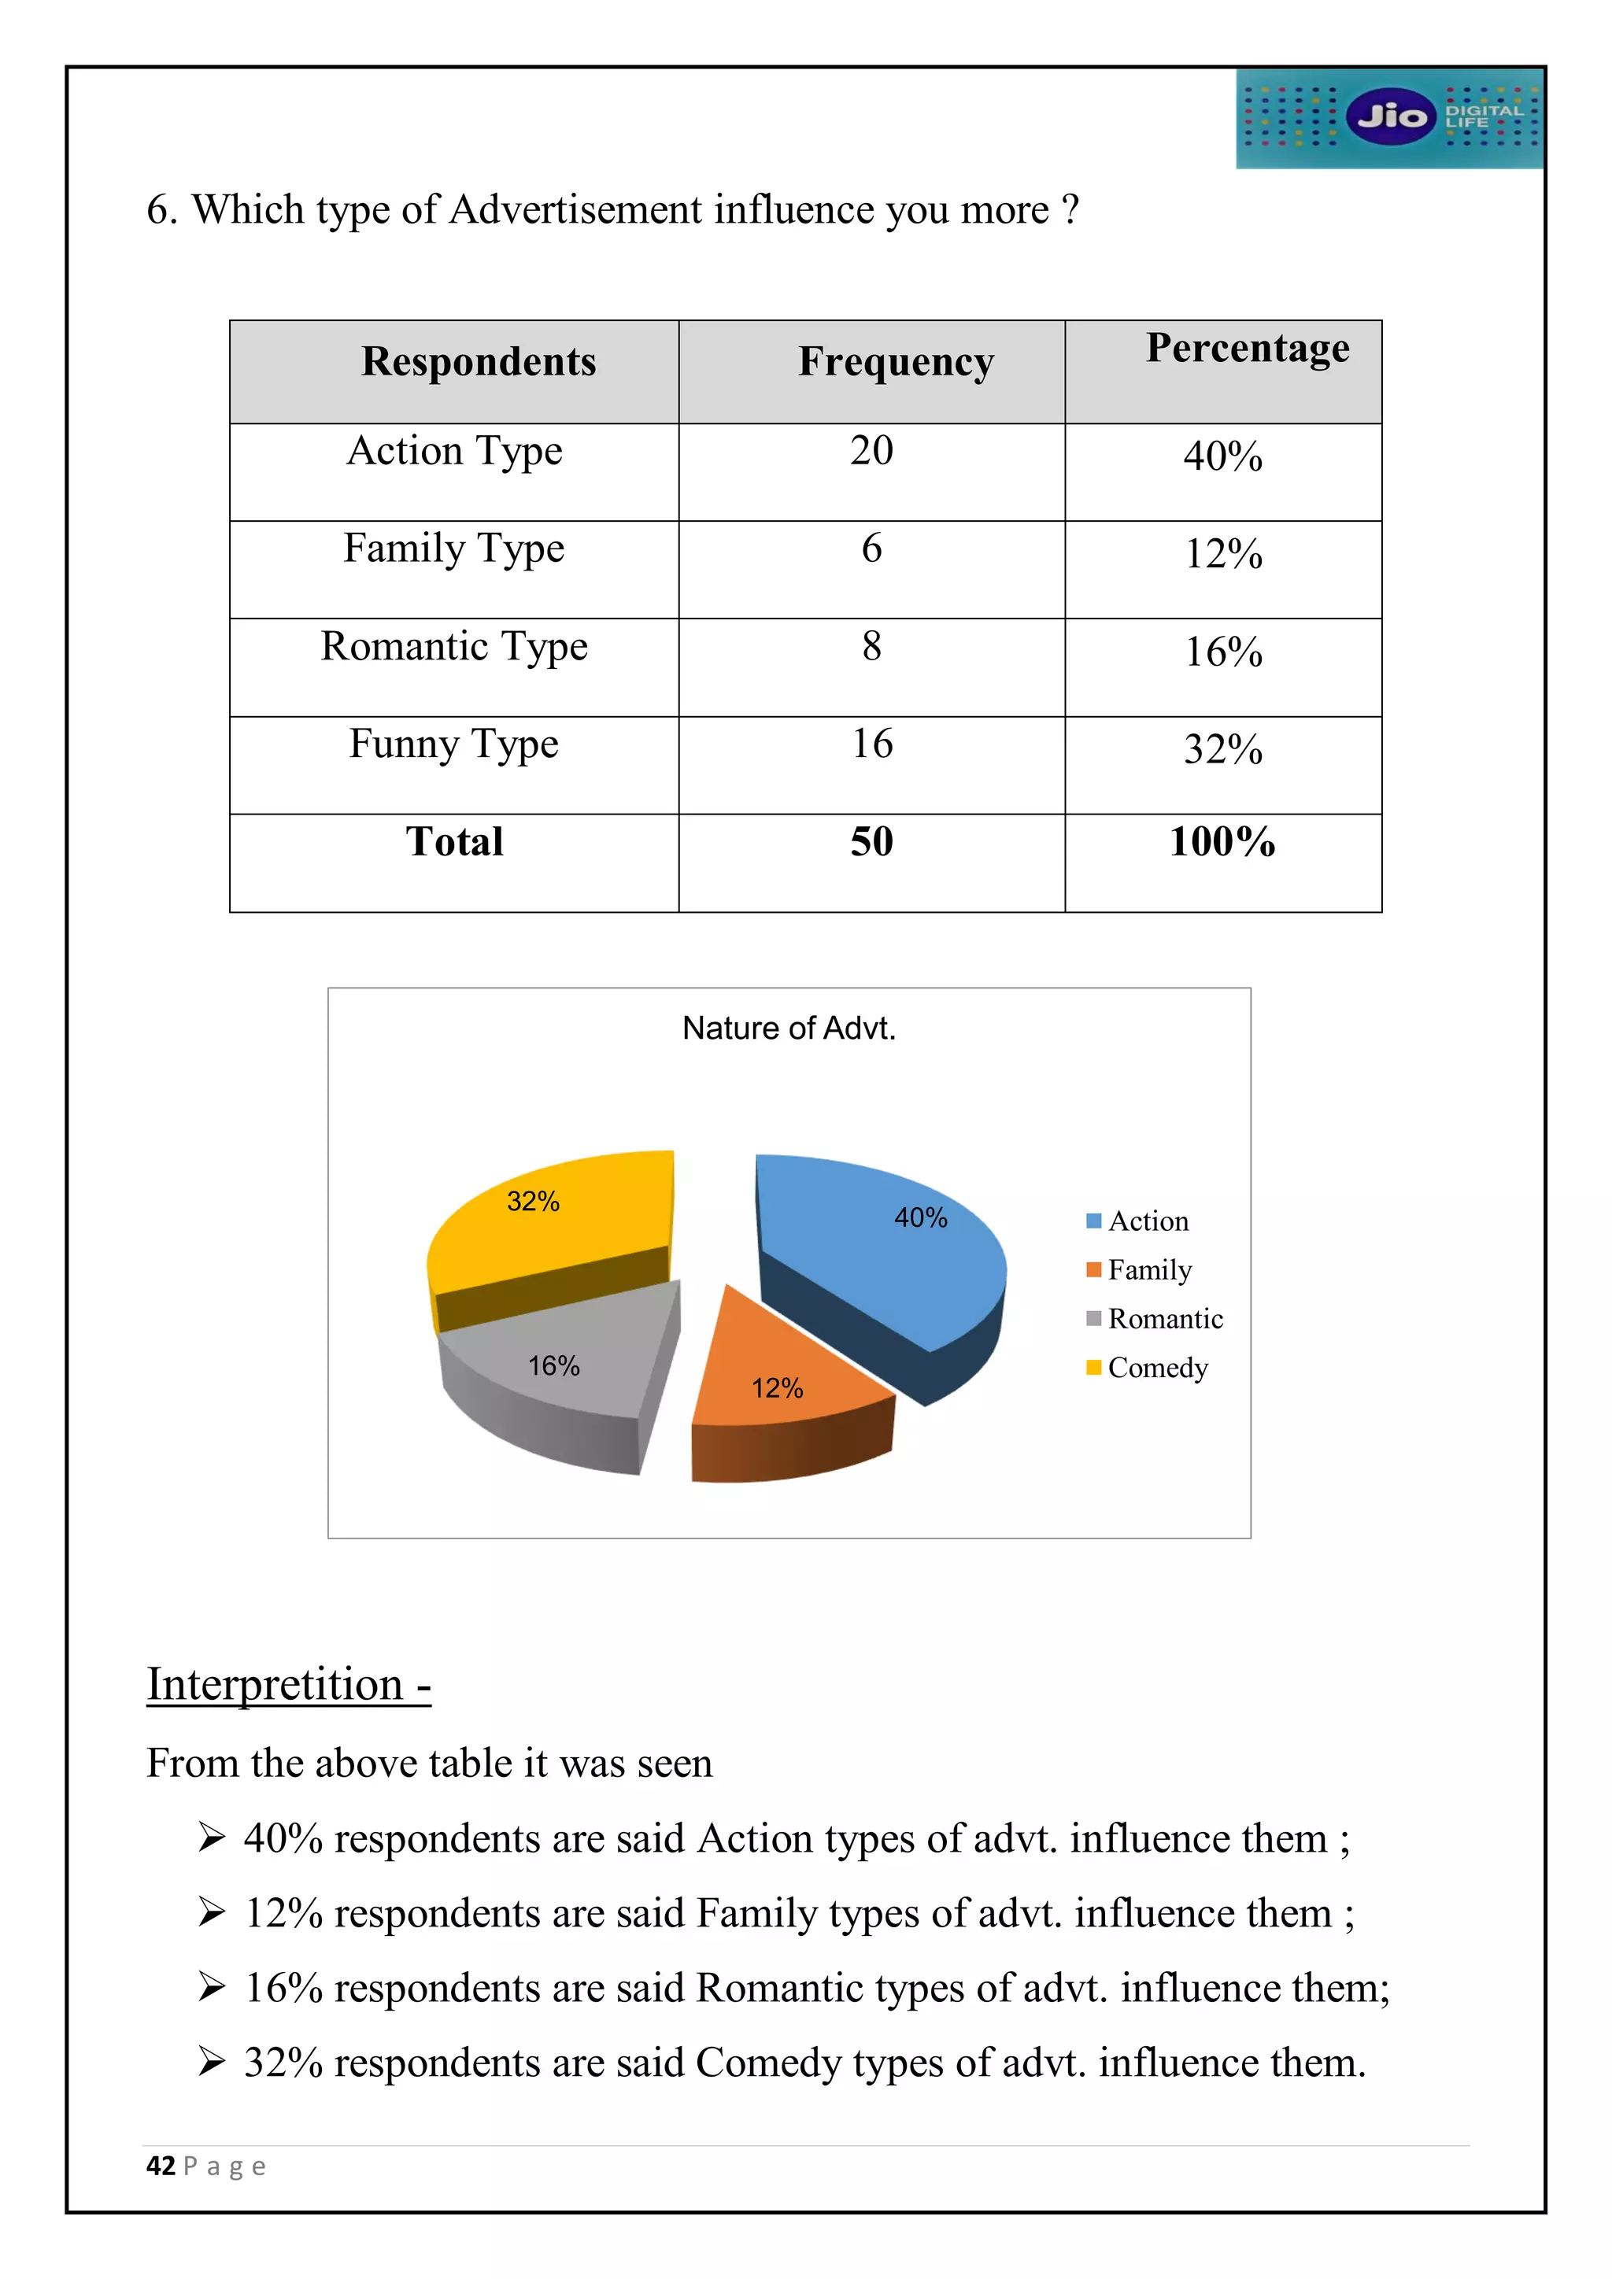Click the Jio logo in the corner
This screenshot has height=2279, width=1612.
tap(1390, 117)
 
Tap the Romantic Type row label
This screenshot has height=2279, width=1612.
tap(455, 647)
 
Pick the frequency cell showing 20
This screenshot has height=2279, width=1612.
tap(871, 452)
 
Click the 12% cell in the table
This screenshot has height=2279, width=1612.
tap(1223, 555)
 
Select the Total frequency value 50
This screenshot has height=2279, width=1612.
tap(871, 843)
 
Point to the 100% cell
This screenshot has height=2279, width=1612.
tap(1222, 843)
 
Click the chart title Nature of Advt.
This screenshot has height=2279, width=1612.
tap(789, 1029)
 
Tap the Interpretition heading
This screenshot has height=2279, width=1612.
tap(288, 1686)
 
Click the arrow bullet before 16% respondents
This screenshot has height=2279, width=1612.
tap(212, 1987)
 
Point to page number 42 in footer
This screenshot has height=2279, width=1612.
tap(161, 2166)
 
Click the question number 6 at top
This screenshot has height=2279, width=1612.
tap(160, 210)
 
